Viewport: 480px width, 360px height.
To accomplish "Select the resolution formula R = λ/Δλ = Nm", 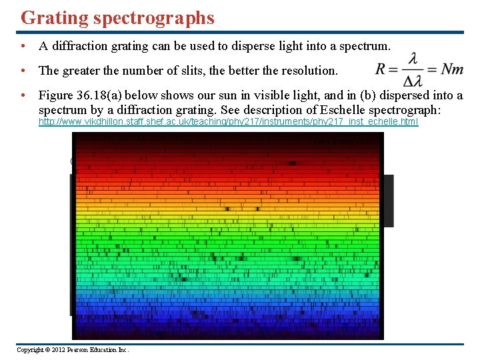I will pos(419,69).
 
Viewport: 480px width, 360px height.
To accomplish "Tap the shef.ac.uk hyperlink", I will pos(228,122).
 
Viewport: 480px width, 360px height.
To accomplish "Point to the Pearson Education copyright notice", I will pos(73,350).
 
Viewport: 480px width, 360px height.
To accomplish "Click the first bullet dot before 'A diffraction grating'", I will pos(23,47).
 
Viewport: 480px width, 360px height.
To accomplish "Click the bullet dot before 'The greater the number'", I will pos(23,71).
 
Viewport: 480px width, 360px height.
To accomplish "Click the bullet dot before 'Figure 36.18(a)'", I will pos(23,96).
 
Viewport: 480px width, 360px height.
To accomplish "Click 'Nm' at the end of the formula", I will pos(453,69).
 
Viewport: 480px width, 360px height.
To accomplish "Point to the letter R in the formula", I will pos(381,69).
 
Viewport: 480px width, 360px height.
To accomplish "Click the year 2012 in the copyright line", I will pos(61,350).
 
